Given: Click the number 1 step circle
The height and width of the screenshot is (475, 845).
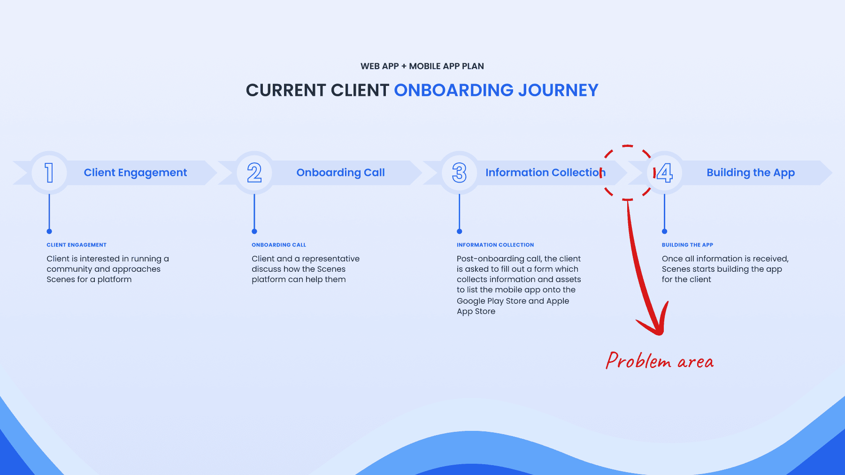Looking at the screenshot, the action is [x=49, y=173].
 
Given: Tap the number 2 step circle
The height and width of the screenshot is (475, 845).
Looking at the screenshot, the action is [x=254, y=173].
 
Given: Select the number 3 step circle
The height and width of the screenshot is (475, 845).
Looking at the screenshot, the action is [x=460, y=173].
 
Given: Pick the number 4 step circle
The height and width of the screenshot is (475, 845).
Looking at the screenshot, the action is [x=665, y=173].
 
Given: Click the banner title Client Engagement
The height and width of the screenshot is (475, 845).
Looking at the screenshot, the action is [x=135, y=173].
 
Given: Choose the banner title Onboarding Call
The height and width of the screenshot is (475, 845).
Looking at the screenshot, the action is [x=340, y=173].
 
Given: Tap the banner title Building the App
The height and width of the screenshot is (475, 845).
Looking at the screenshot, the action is [x=751, y=173].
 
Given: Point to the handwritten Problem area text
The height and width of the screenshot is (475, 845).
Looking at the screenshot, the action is [x=660, y=361].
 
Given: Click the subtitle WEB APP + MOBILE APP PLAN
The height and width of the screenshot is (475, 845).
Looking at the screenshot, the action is [x=422, y=66].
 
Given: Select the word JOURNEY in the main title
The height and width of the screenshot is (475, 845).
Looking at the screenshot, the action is [x=558, y=90].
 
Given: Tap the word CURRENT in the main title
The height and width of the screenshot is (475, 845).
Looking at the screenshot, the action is [x=286, y=90].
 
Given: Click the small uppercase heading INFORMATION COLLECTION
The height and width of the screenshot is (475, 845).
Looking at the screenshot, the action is [x=495, y=245].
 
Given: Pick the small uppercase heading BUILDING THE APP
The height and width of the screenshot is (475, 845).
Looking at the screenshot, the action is [x=687, y=245].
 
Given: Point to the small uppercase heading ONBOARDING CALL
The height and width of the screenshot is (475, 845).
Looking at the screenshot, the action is [x=279, y=245].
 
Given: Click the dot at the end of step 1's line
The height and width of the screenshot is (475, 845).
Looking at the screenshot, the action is [x=49, y=231].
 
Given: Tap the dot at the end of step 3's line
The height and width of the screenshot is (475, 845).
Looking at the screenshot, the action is [x=460, y=231].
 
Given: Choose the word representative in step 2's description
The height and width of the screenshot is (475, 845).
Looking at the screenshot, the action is [x=330, y=259].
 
